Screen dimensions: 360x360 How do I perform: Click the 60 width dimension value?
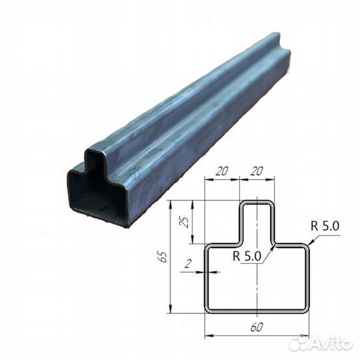tap(257, 327)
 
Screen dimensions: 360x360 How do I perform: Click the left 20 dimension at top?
tap(223, 171)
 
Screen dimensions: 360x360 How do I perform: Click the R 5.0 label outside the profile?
tap(325, 225)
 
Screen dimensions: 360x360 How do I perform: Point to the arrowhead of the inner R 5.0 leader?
tap(273, 246)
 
